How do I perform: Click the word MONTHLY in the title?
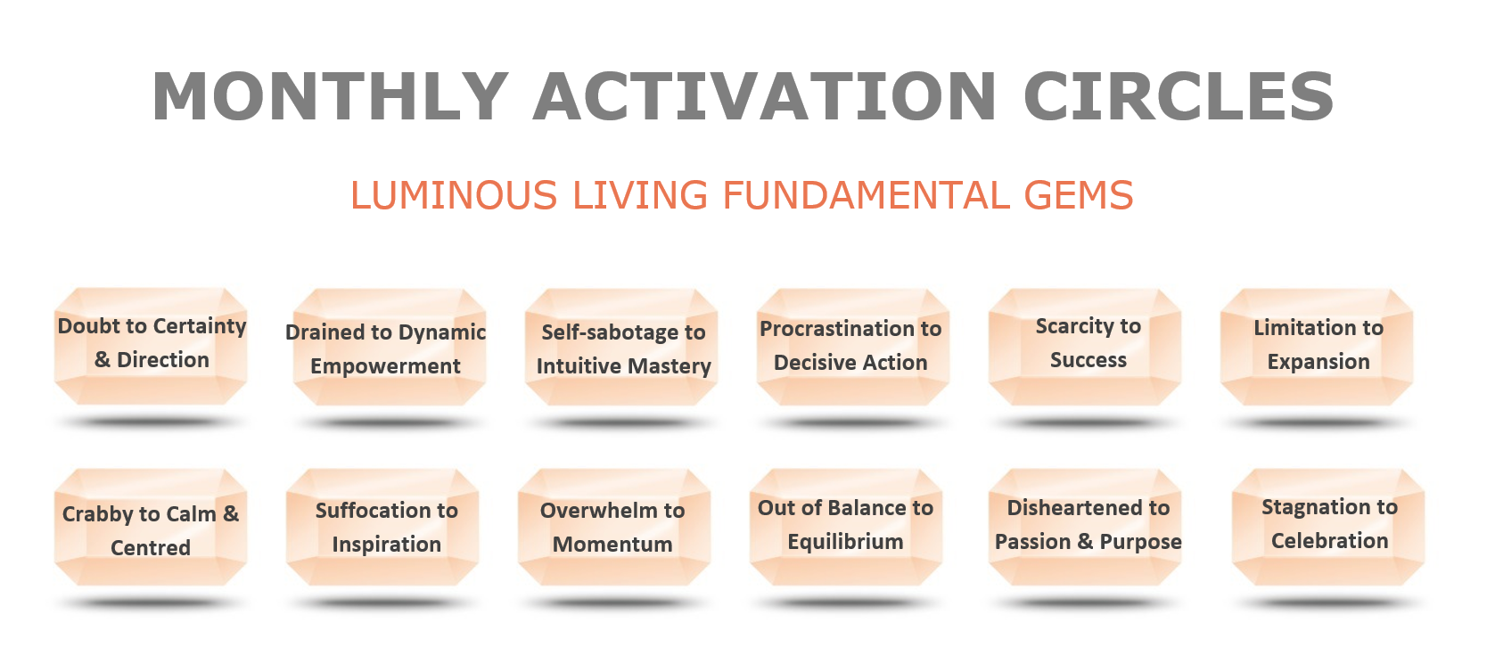click(331, 97)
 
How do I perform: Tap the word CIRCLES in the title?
click(1179, 97)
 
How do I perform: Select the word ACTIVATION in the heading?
click(765, 97)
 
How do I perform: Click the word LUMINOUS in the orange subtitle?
click(454, 196)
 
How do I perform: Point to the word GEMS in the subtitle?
click(1079, 196)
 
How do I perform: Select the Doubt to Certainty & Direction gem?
click(151, 346)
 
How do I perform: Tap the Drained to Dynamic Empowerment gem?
click(390, 347)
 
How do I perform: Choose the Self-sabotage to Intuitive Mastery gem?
click(621, 347)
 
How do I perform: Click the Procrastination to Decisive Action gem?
click(853, 347)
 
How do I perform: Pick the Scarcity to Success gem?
click(1085, 347)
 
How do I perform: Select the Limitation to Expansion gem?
click(1317, 347)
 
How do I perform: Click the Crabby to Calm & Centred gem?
click(151, 528)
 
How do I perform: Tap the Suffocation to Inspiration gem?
click(382, 528)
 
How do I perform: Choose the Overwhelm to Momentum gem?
click(614, 528)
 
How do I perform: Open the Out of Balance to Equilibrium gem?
click(846, 528)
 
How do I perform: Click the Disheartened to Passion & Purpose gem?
click(1085, 528)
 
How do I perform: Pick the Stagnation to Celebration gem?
click(1328, 528)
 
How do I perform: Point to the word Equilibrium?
click(845, 542)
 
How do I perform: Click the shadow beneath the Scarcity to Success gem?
click(1085, 422)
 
